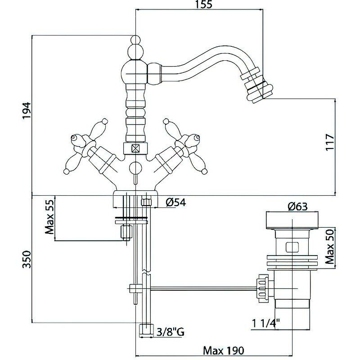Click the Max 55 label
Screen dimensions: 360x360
click(x=49, y=219)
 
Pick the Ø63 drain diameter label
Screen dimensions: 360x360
click(x=297, y=207)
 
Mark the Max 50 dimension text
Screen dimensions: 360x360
click(x=329, y=246)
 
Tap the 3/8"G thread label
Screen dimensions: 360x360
click(x=170, y=333)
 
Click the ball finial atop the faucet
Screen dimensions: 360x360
click(x=135, y=47)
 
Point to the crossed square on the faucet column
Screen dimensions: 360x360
click(x=135, y=148)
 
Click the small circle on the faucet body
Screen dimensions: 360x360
click(x=135, y=168)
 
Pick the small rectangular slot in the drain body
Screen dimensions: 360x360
click(x=292, y=247)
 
